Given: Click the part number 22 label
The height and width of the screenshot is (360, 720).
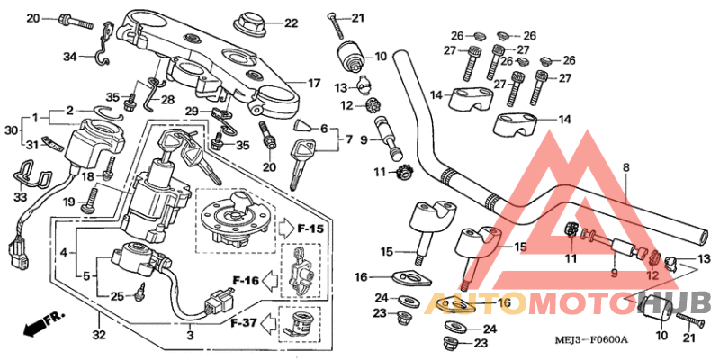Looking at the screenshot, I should tap(291, 22).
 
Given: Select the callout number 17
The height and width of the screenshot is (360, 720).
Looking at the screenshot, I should tap(314, 84).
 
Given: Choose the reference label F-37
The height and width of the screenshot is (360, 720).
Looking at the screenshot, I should tap(244, 321).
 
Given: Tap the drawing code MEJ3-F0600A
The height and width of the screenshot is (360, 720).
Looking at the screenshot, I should tap(589, 339).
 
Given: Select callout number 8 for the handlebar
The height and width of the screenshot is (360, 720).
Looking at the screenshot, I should tap(626, 167).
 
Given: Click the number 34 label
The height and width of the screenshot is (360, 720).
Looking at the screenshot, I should tap(71, 58).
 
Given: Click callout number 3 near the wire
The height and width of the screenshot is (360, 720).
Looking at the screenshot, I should tap(190, 336).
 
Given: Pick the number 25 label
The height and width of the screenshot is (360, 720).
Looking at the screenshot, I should tap(116, 295).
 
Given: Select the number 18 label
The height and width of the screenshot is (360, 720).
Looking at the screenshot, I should tap(88, 178).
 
